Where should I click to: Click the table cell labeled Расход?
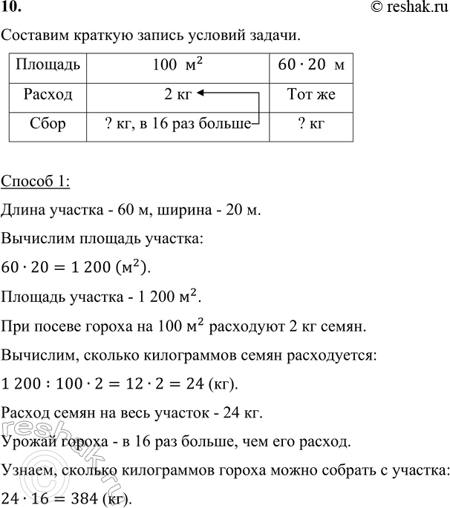pos(48,96)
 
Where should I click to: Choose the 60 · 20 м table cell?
pos(310,68)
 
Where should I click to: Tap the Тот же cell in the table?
pos(310,96)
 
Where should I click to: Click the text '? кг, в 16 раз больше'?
pos(177,123)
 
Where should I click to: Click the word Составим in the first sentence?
pos(34,36)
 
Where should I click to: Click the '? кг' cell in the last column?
pos(310,123)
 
